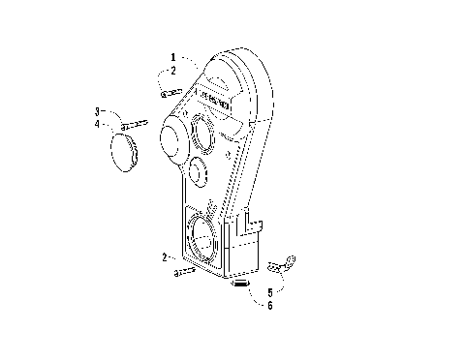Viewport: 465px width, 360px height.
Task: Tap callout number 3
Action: tap(98, 111)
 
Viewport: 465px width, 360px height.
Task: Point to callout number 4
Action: tap(98, 123)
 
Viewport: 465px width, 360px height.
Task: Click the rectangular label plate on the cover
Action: tap(215, 99)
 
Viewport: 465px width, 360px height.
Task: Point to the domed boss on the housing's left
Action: tap(170, 143)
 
